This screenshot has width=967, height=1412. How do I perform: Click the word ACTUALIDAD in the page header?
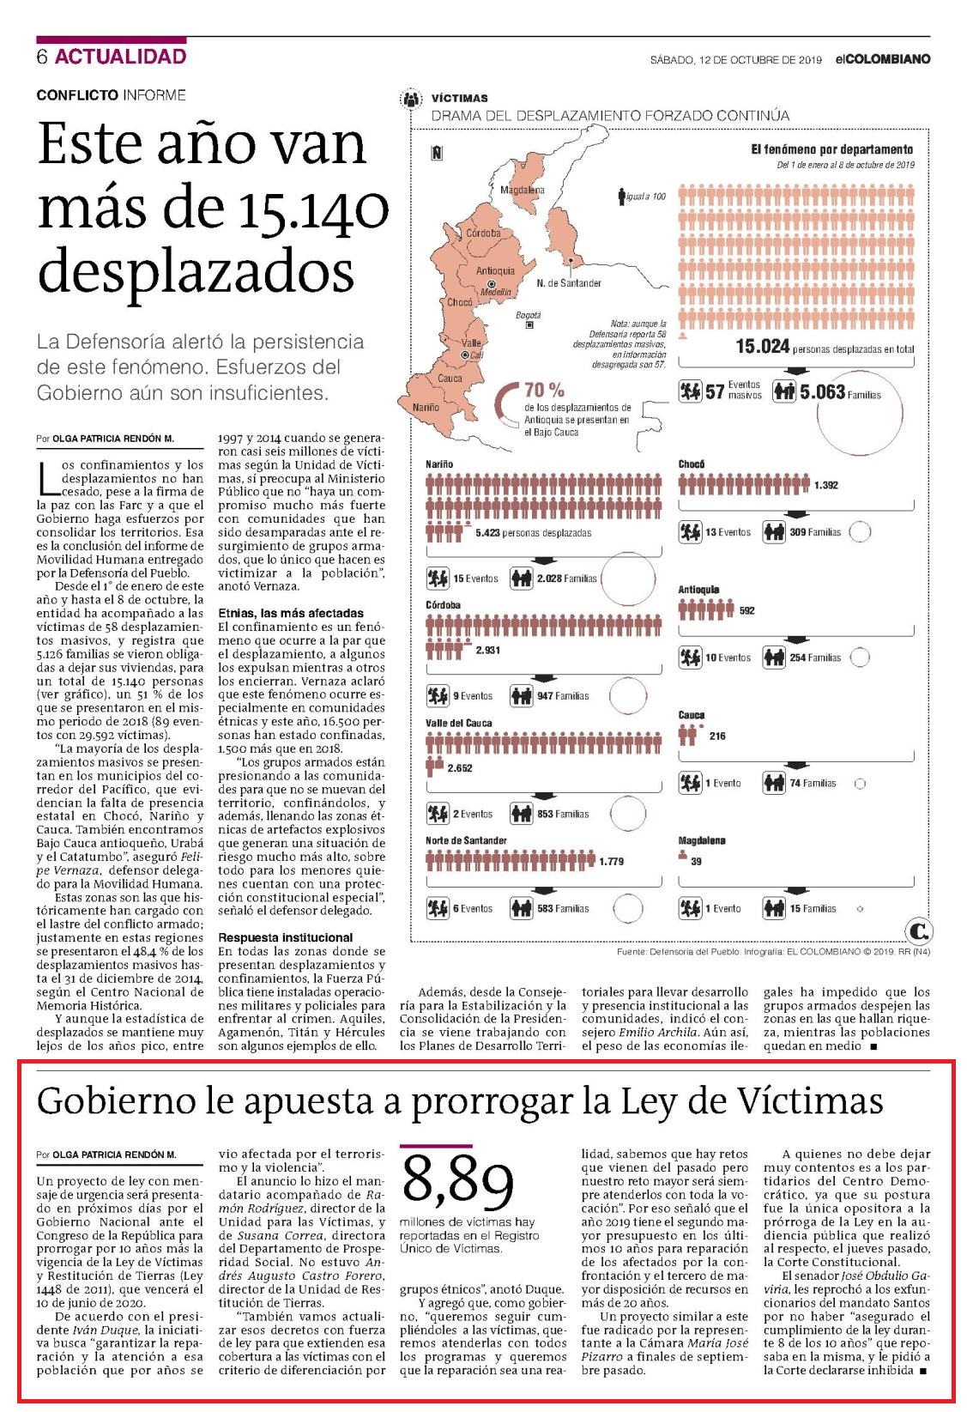pyautogui.click(x=120, y=57)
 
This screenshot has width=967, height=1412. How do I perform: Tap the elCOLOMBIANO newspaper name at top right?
pyautogui.click(x=883, y=59)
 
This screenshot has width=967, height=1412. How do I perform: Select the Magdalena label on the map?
pyautogui.click(x=523, y=190)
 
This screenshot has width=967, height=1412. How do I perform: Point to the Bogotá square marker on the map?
pyautogui.click(x=529, y=325)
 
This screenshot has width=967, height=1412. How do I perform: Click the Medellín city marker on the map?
pyautogui.click(x=492, y=284)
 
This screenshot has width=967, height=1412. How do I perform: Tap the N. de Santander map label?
pyautogui.click(x=568, y=283)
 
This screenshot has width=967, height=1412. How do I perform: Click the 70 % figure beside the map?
pyautogui.click(x=544, y=390)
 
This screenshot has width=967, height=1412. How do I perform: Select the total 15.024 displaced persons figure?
pyautogui.click(x=762, y=346)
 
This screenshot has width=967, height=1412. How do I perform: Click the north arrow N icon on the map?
pyautogui.click(x=437, y=153)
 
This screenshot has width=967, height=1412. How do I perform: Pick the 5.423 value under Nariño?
pyautogui.click(x=487, y=533)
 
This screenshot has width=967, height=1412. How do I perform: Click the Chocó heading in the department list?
pyautogui.click(x=691, y=464)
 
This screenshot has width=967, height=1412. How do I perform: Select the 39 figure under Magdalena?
pyautogui.click(x=696, y=861)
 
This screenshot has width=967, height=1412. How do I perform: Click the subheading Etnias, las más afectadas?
pyautogui.click(x=291, y=613)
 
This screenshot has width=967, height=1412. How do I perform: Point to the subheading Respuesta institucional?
pyautogui.click(x=286, y=937)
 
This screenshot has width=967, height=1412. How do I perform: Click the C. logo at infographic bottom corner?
pyautogui.click(x=918, y=930)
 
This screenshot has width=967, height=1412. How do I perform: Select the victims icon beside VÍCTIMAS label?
pyautogui.click(x=411, y=99)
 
